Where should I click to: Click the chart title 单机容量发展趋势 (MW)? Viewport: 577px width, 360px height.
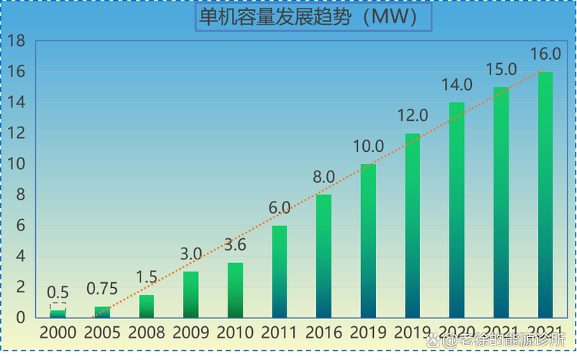(x=313, y=18)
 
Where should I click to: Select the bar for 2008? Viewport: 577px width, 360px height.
(x=146, y=306)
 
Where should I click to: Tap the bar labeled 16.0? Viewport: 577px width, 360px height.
(x=546, y=194)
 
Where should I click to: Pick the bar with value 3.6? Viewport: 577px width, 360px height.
(x=235, y=290)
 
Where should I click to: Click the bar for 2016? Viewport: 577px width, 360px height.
(x=324, y=256)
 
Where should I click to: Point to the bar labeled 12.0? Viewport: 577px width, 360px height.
(x=413, y=225)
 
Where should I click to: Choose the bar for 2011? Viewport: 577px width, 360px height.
(x=279, y=271)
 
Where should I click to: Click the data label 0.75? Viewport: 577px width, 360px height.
(x=102, y=289)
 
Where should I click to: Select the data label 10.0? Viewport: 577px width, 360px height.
(x=368, y=147)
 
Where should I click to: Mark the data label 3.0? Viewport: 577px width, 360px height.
(x=191, y=254)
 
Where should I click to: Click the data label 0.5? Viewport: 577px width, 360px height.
(x=58, y=292)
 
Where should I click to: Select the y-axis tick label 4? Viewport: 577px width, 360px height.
(x=20, y=256)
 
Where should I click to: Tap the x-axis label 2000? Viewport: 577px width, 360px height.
(x=58, y=333)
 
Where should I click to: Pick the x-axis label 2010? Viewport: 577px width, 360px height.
(x=235, y=333)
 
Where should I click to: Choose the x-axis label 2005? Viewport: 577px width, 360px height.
(x=102, y=333)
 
